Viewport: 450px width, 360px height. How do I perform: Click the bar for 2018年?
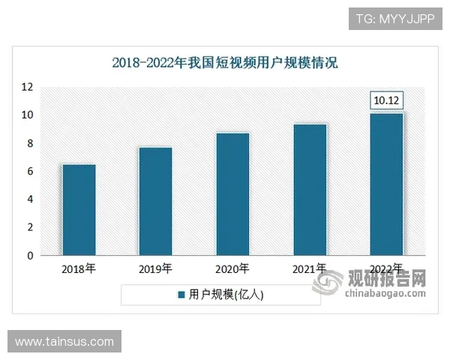(79, 210)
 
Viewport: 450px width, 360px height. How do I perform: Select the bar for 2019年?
(155, 201)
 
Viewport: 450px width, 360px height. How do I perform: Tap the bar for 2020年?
(232, 194)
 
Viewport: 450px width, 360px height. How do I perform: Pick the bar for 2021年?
(310, 190)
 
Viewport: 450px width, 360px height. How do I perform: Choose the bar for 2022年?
(387, 184)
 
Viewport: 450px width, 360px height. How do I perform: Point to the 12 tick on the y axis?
(27, 87)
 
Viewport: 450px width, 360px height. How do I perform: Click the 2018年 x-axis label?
(79, 268)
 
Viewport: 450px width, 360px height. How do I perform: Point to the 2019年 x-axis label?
(155, 268)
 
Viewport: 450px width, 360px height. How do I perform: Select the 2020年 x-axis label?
(232, 268)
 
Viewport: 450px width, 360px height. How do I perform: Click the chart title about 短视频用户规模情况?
(225, 63)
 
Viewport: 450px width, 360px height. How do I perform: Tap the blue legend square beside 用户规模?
(181, 295)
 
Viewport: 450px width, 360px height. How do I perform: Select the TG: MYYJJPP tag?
(395, 19)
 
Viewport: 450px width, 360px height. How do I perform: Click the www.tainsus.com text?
(64, 342)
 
